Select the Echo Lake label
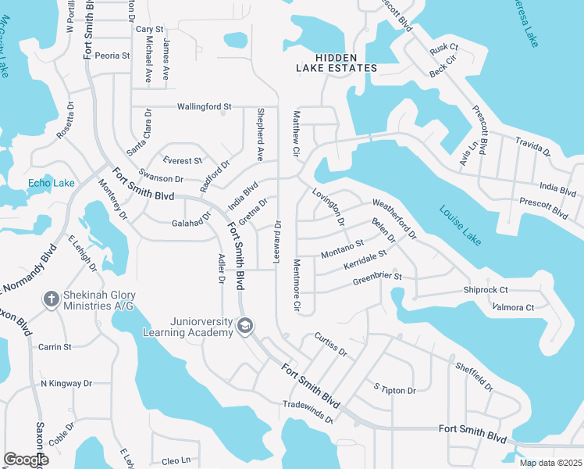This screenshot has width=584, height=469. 52,184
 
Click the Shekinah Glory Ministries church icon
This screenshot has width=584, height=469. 51,299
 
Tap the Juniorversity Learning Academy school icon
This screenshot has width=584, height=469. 245,325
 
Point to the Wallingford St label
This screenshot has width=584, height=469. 205,106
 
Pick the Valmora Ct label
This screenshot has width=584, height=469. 513,307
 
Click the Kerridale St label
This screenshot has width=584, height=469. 365,261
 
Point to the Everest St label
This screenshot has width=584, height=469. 181,161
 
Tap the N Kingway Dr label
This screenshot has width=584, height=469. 66,384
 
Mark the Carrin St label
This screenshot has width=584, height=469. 55,346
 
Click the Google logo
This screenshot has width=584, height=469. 26,460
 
